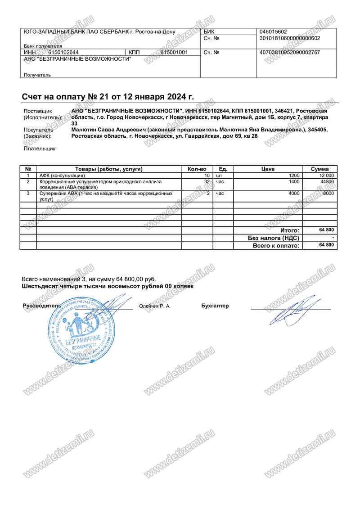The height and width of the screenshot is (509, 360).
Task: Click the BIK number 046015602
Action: (x=273, y=32)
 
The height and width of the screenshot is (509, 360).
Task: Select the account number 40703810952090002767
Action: (x=290, y=53)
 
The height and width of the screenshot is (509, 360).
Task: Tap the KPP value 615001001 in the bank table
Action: (x=174, y=53)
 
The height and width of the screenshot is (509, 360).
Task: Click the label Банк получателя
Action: (x=43, y=46)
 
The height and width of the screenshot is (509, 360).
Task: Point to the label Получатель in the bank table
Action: (x=37, y=75)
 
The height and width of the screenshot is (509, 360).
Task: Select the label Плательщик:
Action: (x=40, y=148)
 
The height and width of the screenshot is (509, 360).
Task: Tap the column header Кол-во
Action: (x=197, y=169)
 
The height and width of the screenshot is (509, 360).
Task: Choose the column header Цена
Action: (x=268, y=169)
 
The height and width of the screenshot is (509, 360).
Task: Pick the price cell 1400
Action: (x=293, y=181)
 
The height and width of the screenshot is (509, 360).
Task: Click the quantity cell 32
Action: (x=207, y=181)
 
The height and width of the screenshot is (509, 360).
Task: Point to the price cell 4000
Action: (x=293, y=193)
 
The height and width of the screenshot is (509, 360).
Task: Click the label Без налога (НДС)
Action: (x=273, y=238)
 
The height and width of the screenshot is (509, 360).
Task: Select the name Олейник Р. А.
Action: (x=155, y=306)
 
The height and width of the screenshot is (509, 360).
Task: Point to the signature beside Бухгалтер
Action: (x=292, y=311)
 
